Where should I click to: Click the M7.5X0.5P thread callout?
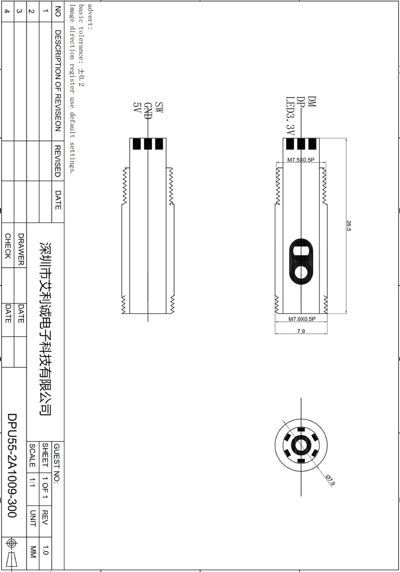pyautogui.click(x=301, y=160)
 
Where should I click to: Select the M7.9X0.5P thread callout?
pyautogui.click(x=302, y=319)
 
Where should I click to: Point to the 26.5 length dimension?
pyautogui.click(x=349, y=226)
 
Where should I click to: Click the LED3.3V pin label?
pyautogui.click(x=290, y=116)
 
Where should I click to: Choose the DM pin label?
pyautogui.click(x=312, y=102)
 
